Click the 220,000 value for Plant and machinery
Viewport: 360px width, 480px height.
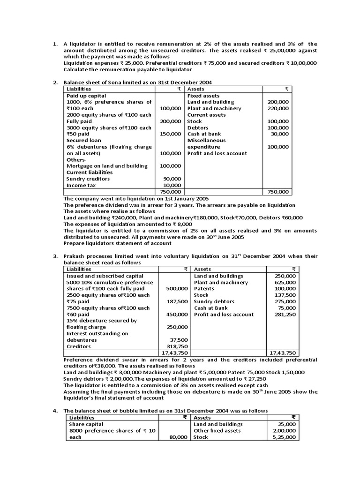[278, 108]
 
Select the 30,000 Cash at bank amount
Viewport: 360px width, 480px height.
[280, 134]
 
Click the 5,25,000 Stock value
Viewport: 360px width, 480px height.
[285, 437]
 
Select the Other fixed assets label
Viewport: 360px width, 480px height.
[217, 430]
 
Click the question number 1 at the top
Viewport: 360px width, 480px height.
[54, 44]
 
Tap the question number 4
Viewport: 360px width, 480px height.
[54, 411]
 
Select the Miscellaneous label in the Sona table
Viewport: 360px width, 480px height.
[206, 140]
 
